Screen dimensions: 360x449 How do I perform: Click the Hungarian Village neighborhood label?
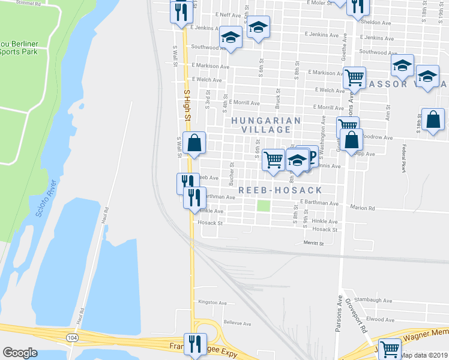click(x=267, y=125)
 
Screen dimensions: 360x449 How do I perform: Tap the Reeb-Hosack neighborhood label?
click(x=280, y=190)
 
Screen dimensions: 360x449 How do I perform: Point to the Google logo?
click(x=20, y=353)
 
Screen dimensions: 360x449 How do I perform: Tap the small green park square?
click(x=263, y=206)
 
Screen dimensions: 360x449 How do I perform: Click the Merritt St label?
click(x=313, y=244)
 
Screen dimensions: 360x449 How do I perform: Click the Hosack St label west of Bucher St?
click(x=210, y=223)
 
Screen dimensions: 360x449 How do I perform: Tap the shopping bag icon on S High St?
click(x=194, y=143)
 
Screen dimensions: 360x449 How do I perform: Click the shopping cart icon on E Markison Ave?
click(x=354, y=76)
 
